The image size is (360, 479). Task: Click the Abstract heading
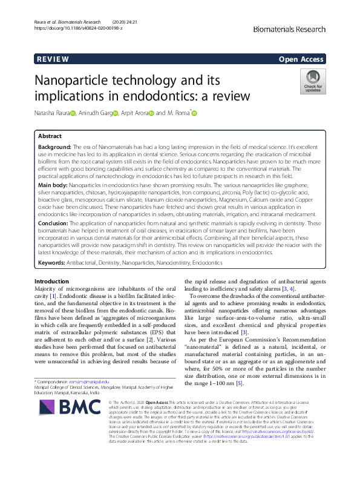(50, 136)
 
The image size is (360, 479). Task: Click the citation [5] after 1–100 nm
(240, 383)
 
